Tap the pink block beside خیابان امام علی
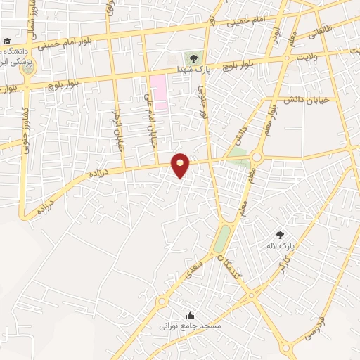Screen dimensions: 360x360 pyautogui.click(x=159, y=92)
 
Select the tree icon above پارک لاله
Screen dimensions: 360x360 pyautogui.click(x=281, y=235)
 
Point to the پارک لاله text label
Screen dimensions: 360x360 pyautogui.click(x=278, y=246)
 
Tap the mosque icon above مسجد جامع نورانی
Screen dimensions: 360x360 pyautogui.click(x=190, y=315)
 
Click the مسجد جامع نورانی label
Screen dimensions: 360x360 pyautogui.click(x=190, y=326)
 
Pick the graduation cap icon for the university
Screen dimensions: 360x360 pyautogui.click(x=6, y=41)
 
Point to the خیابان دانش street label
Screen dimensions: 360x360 pyautogui.click(x=306, y=99)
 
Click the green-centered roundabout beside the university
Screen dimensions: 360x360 pyautogui.click(x=27, y=68)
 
